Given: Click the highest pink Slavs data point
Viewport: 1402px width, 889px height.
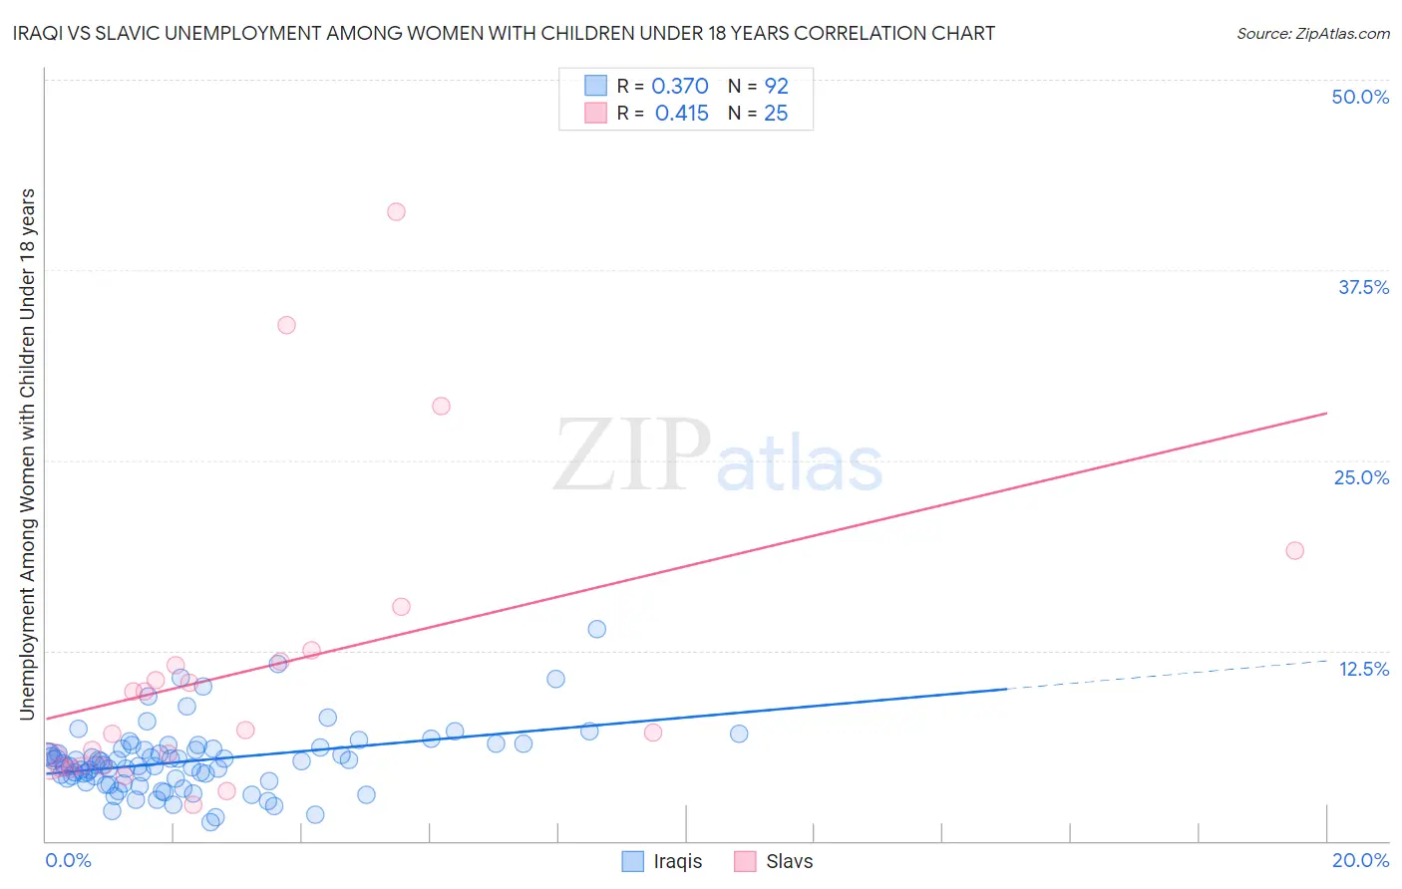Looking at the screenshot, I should [x=396, y=211].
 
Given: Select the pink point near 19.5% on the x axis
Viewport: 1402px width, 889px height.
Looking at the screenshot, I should [x=1294, y=550].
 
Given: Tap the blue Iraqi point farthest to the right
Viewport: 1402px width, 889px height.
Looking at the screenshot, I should [x=739, y=734].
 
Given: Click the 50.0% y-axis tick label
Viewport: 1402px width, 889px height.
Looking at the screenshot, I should [x=1360, y=97].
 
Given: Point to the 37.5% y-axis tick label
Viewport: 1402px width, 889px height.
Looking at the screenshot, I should [x=1363, y=287].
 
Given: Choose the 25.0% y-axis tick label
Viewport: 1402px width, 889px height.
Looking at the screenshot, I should [x=1361, y=477].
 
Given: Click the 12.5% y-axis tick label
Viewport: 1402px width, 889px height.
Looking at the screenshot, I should [x=1363, y=669].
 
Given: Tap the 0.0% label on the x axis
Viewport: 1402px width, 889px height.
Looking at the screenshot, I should [x=68, y=860].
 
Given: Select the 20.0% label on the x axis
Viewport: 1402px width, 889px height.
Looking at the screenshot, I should [x=1360, y=860].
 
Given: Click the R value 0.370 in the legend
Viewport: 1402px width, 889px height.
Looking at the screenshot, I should [x=679, y=86].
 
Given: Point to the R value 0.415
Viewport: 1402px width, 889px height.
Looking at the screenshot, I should [x=681, y=114].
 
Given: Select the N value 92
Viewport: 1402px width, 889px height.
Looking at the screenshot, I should [x=776, y=86].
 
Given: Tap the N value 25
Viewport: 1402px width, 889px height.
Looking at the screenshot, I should [x=776, y=114].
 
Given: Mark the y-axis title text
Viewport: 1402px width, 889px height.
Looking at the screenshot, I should [x=27, y=453].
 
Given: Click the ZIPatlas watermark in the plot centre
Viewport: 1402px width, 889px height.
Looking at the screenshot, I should [x=718, y=456].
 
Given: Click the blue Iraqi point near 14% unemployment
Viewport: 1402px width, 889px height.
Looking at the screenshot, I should [x=596, y=629].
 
